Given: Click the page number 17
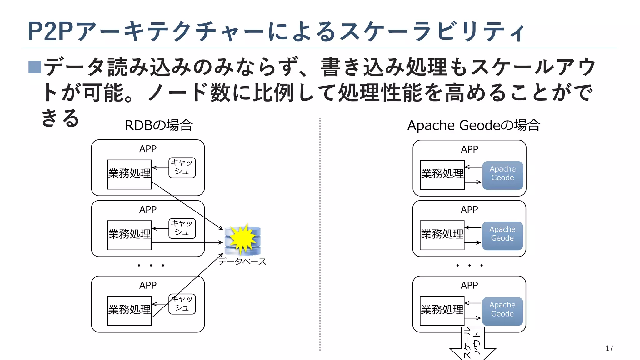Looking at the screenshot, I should (609, 348).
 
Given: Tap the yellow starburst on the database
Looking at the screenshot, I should (243, 239).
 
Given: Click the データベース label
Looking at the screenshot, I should (242, 261).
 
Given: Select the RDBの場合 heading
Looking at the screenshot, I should (159, 125).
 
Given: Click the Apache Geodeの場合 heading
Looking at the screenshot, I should (474, 125).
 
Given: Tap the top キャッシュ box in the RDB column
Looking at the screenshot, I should (182, 168).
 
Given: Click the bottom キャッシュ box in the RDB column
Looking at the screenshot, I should (182, 304).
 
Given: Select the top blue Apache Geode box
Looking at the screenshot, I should (502, 175).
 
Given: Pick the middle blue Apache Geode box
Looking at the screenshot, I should (502, 236).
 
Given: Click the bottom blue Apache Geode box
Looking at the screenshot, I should (502, 311).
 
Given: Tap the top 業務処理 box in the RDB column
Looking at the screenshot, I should (129, 174).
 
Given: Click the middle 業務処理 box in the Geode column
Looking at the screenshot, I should (442, 235).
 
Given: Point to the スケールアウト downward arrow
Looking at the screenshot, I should (472, 344).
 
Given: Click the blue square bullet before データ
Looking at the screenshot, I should (35, 67).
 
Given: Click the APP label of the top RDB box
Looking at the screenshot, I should (148, 149).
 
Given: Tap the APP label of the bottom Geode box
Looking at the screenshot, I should (469, 285).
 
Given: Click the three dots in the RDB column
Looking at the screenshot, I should (151, 266).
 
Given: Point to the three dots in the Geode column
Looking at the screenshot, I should (469, 266).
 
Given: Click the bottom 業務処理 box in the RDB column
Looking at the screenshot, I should (129, 311).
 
